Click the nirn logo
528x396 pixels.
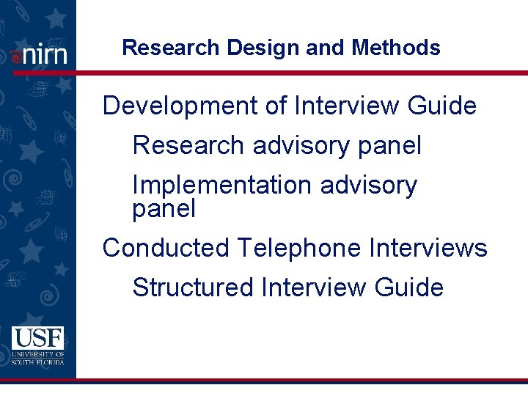[x=40, y=54]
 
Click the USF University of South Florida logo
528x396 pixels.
[x=37, y=345]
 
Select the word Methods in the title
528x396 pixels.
[x=396, y=48]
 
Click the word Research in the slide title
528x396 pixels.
[x=171, y=48]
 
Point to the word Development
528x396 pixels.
[x=183, y=106]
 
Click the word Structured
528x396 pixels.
[x=192, y=287]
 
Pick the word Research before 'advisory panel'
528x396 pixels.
[x=188, y=145]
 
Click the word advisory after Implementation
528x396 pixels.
[x=369, y=186]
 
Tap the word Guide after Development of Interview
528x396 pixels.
[x=442, y=106]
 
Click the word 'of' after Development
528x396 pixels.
[x=276, y=106]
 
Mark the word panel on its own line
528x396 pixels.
[x=164, y=210]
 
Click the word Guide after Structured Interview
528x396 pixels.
[x=409, y=287]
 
